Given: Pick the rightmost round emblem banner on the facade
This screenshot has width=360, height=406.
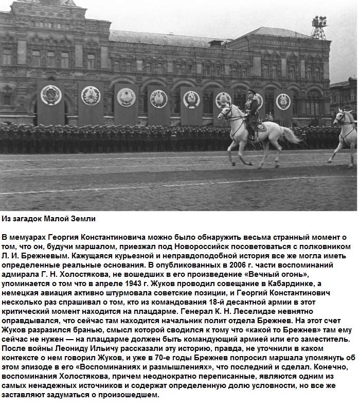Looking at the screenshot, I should coord(283,101).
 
